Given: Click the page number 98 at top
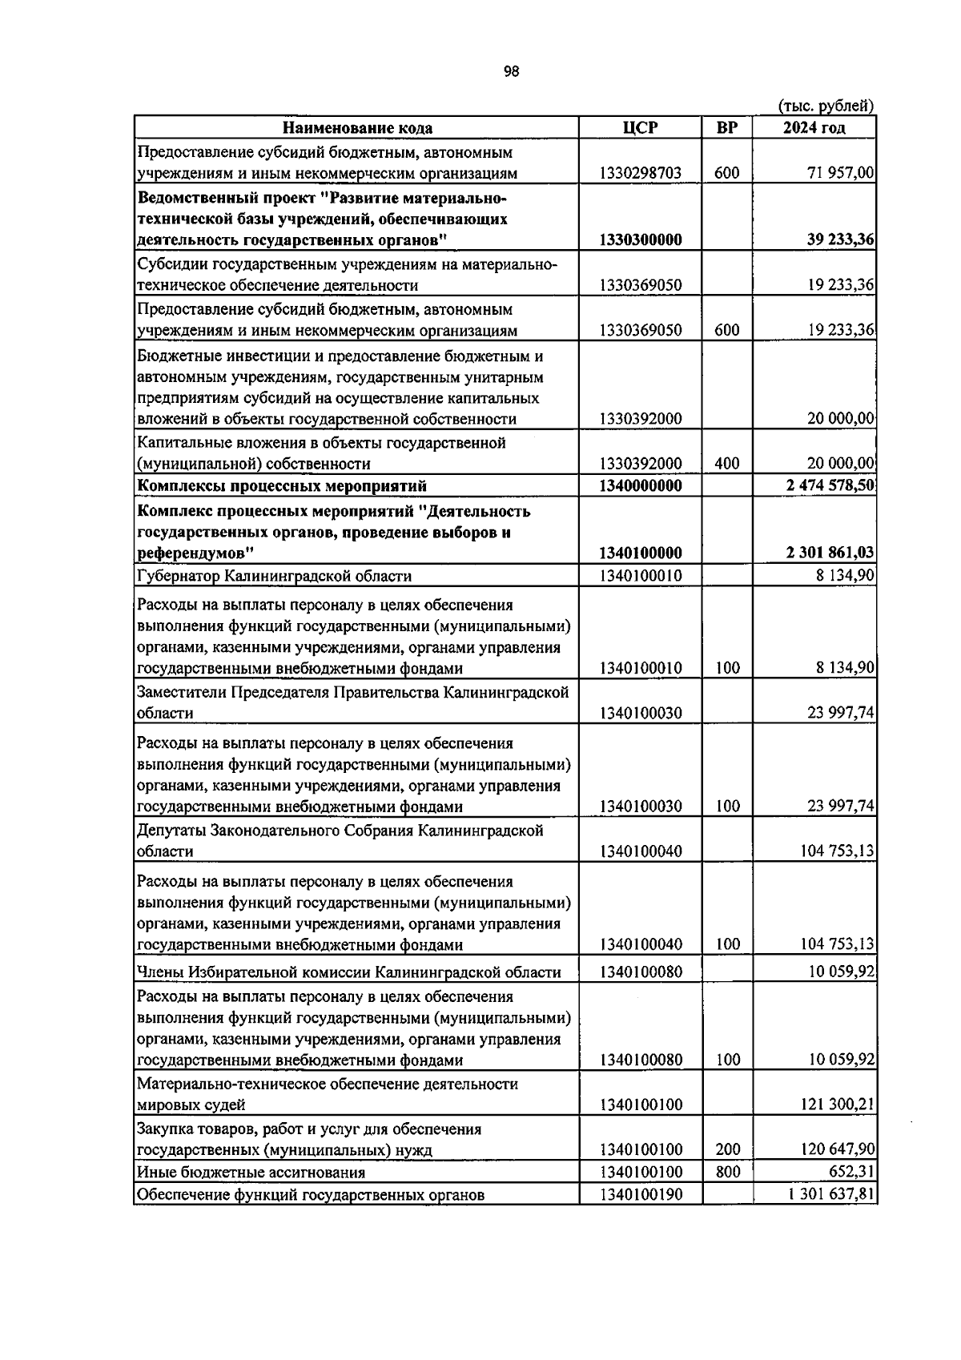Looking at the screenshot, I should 511,71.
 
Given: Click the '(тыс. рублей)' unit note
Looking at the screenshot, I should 826,106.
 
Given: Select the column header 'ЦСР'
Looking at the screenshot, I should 640,127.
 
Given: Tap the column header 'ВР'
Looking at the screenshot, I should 726,127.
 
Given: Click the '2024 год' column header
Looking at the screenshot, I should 814,127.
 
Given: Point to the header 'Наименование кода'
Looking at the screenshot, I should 357,128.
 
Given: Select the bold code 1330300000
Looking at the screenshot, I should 640,240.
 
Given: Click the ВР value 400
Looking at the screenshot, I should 727,464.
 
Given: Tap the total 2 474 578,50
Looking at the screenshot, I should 830,486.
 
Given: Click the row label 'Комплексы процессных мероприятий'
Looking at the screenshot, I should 282,486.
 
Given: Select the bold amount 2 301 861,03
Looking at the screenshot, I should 830,553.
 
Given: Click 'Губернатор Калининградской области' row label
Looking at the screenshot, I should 274,576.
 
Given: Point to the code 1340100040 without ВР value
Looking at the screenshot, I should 640,851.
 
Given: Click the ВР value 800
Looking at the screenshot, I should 727,1173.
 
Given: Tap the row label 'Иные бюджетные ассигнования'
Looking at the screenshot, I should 251,1173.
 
